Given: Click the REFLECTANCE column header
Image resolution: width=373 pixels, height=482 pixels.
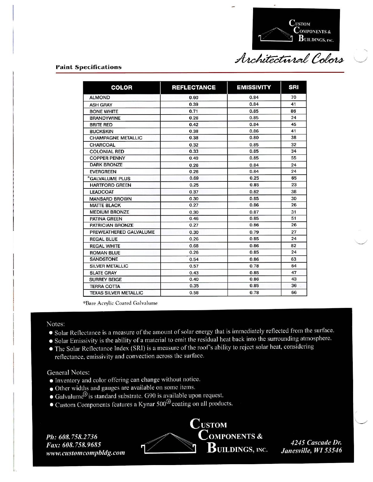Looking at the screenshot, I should click(194, 87).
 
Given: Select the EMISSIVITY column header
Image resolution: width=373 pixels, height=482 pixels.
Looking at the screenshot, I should click(254, 87).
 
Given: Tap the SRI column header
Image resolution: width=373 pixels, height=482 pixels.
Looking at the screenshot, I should click(293, 87).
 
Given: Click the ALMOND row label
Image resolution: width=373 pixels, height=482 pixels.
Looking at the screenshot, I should click(100, 98).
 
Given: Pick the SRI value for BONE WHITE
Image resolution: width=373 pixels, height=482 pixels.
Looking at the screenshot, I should click(294, 111).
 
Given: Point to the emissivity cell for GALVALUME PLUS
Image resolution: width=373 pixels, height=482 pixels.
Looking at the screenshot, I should click(254, 178).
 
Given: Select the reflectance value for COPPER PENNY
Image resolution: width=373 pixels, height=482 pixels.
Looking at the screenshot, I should click(194, 158).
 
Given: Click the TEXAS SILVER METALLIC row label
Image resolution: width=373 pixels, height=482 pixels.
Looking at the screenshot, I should click(116, 293).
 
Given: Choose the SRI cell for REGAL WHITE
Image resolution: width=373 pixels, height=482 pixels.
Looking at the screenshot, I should click(294, 246).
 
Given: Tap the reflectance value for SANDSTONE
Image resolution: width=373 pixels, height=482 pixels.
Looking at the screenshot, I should click(194, 259).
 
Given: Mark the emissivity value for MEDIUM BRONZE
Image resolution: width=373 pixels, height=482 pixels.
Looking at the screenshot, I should click(254, 212).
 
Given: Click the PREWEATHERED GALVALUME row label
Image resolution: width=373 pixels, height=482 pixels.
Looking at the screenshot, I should click(122, 232).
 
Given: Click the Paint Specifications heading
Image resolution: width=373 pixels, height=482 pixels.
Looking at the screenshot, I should click(88, 67).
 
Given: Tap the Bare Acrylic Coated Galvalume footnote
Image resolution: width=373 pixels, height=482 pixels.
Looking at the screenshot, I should click(120, 303).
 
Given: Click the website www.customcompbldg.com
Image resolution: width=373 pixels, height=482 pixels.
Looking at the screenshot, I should click(86, 453).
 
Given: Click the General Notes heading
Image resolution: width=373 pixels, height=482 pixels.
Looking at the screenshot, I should click(68, 372).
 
